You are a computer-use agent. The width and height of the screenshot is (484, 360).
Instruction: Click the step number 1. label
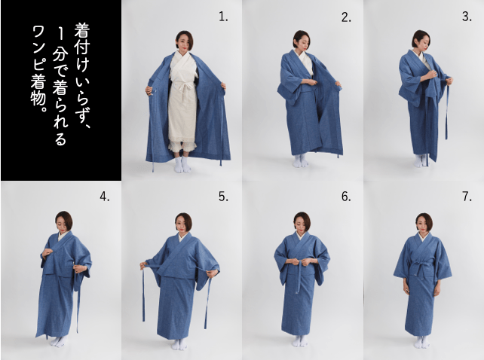(x=223, y=17)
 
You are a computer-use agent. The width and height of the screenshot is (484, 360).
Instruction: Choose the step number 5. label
(x=223, y=197)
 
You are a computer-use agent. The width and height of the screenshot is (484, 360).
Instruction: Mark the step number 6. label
(x=346, y=197)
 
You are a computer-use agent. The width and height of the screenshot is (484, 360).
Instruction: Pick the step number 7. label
(x=467, y=197)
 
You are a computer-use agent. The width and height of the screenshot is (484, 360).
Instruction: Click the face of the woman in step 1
(x=182, y=41)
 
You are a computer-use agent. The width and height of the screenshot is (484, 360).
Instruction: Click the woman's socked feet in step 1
(x=182, y=164)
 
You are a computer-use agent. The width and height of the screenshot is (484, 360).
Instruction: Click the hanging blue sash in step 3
(x=446, y=113)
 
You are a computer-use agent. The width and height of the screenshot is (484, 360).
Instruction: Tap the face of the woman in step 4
(x=63, y=223)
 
